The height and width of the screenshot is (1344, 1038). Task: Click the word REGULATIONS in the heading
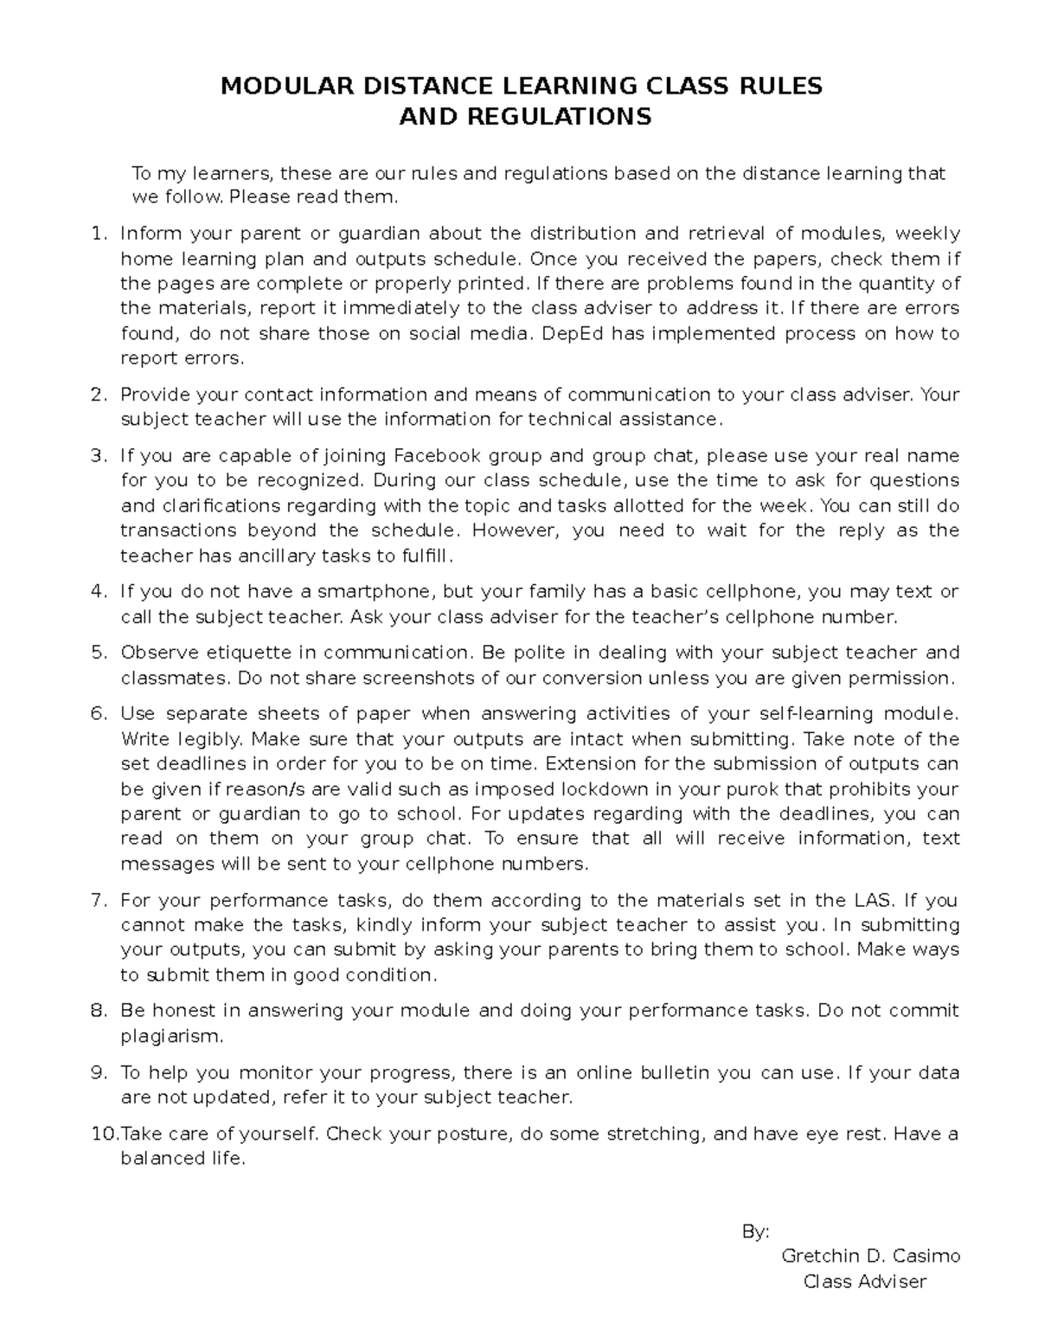coord(560,117)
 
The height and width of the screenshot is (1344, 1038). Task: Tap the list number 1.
coord(98,234)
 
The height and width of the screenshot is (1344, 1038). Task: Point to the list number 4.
coord(98,592)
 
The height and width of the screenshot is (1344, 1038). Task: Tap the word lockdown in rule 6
coord(601,789)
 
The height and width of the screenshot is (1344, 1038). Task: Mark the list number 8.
coord(98,1011)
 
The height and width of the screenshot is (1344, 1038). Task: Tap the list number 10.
coord(103,1135)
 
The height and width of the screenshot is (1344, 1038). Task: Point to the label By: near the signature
coord(755,1232)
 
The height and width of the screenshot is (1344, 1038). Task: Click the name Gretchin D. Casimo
coord(870,1256)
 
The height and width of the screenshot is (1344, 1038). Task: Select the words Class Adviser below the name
coord(865,1282)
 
